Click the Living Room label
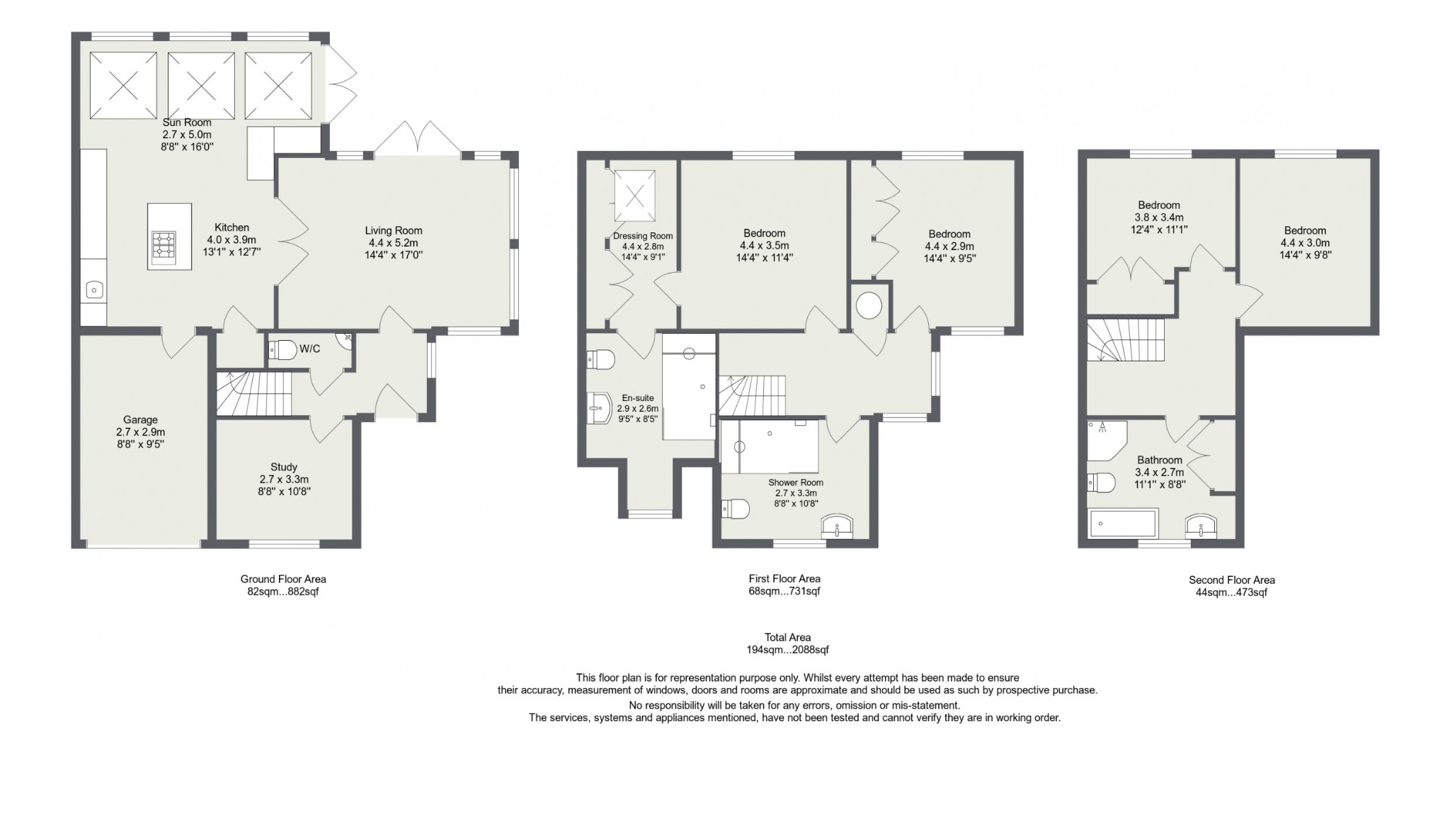tap(394, 230)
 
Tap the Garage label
tap(140, 419)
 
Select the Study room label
tap(284, 467)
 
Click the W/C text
tap(310, 349)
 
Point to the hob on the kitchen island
tap(164, 247)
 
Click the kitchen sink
tap(94, 289)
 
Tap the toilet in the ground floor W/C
tap(282, 350)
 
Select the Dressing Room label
tap(643, 236)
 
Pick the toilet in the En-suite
tap(601, 359)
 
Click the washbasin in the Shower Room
tap(838, 526)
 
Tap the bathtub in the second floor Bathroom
tap(1124, 524)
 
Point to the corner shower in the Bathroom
tap(1107, 440)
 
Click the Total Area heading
tap(787, 637)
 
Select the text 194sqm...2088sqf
tap(787, 650)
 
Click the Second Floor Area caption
tap(1232, 580)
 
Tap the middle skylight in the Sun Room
tap(201, 86)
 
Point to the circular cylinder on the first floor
tap(869, 306)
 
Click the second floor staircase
tap(1126, 340)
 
